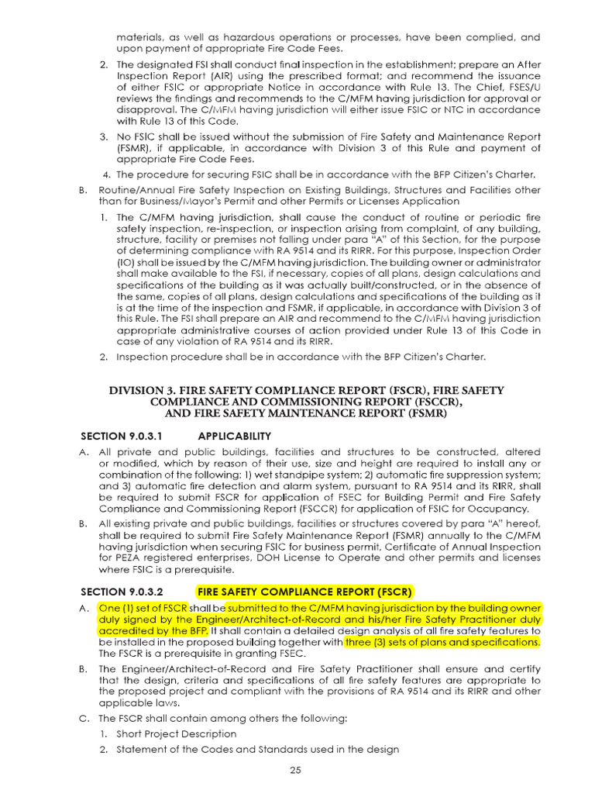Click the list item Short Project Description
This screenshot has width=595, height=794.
click(x=177, y=733)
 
